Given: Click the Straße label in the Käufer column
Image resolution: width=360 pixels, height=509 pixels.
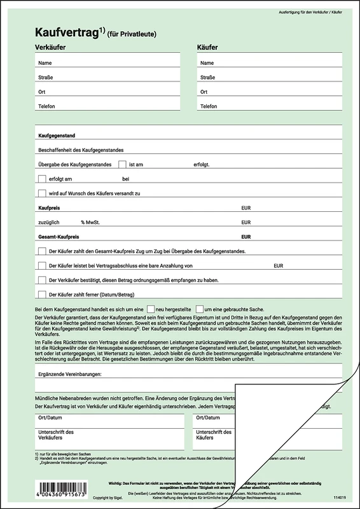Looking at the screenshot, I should (x=208, y=78).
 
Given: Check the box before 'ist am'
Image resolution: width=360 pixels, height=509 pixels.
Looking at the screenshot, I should (x=123, y=164).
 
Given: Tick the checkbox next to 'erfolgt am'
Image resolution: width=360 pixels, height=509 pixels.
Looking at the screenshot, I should (x=42, y=179).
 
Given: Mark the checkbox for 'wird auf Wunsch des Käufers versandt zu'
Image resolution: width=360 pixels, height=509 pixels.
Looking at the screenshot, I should (x=42, y=193).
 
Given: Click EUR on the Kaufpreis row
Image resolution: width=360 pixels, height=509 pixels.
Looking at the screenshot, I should (x=246, y=208).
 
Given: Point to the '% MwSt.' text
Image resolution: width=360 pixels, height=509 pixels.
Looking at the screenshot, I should (x=90, y=222).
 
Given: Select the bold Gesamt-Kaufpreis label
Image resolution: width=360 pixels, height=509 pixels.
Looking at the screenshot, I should (x=60, y=237).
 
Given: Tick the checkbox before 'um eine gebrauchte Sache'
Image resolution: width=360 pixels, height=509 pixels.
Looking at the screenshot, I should (x=200, y=309).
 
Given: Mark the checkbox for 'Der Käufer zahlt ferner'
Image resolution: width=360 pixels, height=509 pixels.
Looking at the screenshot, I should (x=42, y=294).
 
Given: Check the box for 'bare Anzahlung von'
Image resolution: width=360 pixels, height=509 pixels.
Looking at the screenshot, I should (x=42, y=265).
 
